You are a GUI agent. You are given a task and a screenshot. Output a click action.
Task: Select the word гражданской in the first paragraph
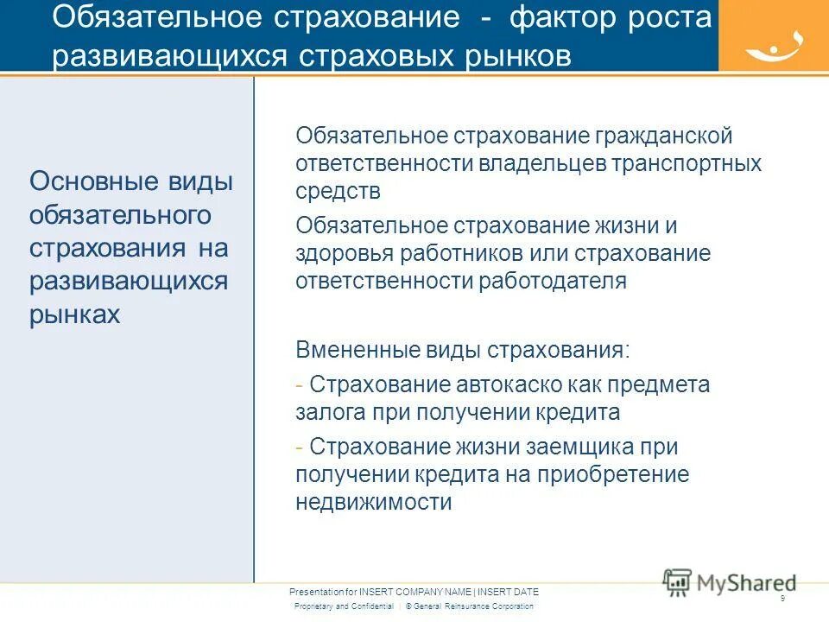coord(663,136)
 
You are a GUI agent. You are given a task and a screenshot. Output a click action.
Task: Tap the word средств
coord(338,190)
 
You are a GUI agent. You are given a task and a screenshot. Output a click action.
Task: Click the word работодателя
coord(554,281)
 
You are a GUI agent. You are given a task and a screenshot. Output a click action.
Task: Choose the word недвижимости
coord(373,502)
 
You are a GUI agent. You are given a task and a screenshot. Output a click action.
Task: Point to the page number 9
coord(782,599)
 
